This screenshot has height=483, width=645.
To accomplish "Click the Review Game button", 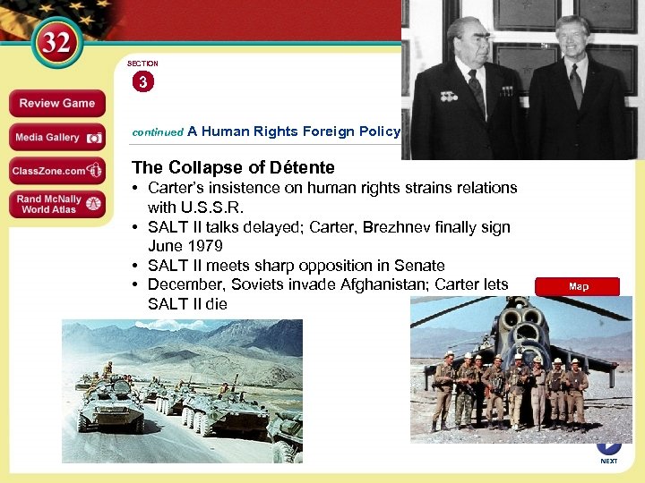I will point(57,103).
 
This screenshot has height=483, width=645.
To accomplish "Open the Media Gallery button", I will point(57,138).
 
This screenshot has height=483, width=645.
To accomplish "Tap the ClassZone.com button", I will point(57,170).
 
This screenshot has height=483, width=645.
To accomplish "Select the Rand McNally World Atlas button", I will point(57,204).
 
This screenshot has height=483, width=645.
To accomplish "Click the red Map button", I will point(578,286).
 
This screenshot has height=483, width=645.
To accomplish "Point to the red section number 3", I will point(143,82).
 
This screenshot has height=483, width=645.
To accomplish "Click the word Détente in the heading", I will point(303,167).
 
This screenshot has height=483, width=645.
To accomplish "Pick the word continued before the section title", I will point(157,132).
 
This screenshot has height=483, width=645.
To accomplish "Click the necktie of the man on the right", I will point(575,85).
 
